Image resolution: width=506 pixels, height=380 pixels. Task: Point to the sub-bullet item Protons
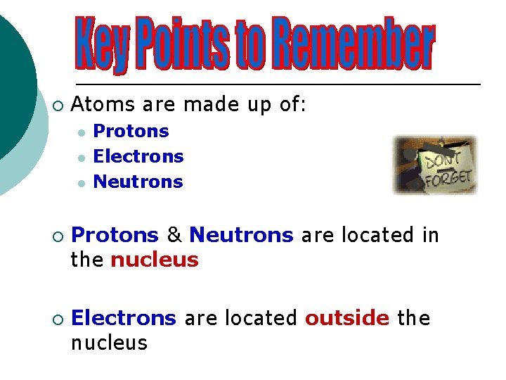131,132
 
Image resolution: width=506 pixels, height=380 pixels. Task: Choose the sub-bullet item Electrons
138,157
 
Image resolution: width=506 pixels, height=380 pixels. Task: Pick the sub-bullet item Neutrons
138,182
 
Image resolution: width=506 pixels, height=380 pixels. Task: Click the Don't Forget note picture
435,165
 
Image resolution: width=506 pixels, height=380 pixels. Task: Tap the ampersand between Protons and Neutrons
174,235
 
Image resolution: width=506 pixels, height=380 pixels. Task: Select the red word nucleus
155,260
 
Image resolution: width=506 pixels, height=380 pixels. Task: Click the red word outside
346,318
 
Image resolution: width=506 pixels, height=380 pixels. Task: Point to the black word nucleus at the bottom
109,343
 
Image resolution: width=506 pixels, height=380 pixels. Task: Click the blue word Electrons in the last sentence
124,318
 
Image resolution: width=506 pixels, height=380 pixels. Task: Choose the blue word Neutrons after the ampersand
241,235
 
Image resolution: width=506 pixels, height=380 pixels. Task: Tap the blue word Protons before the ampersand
115,235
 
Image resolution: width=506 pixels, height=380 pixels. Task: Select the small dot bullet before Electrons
82,157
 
